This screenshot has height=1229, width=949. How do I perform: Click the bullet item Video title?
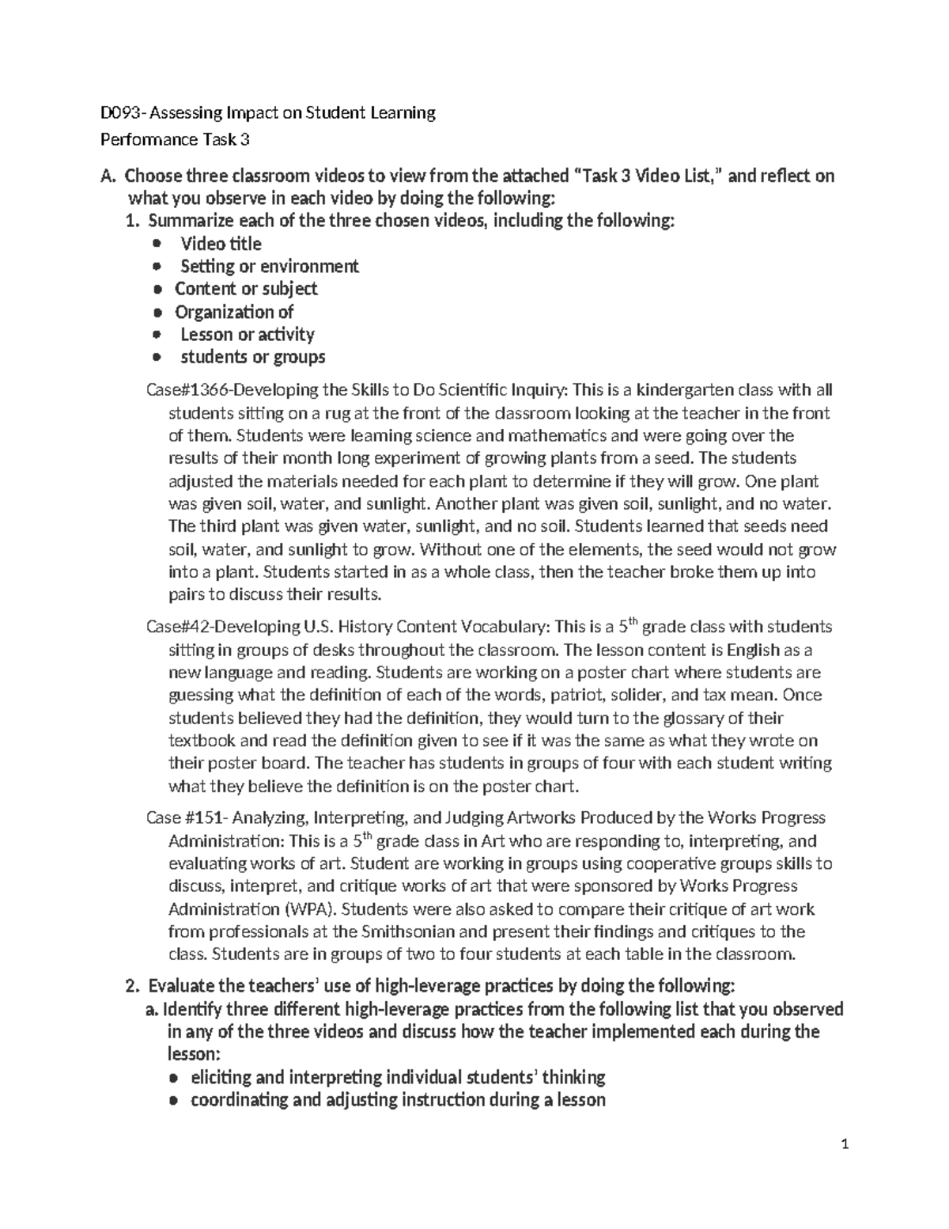[221, 244]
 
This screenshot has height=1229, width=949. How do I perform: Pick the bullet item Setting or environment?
[269, 266]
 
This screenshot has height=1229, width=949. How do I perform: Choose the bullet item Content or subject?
[246, 289]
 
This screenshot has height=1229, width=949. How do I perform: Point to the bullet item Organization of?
[233, 312]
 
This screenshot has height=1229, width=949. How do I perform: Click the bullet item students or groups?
[252, 357]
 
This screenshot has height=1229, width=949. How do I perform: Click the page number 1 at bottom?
[845, 1166]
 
